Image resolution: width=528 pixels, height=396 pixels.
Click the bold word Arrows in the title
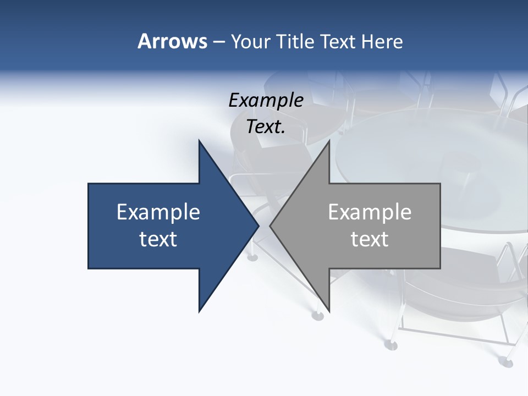click(x=172, y=41)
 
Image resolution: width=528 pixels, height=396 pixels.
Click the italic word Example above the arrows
click(x=266, y=101)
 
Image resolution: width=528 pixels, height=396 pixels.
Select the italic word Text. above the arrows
click(x=266, y=127)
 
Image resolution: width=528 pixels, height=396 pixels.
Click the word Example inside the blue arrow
click(x=158, y=212)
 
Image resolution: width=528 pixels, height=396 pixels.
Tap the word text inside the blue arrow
click(x=158, y=239)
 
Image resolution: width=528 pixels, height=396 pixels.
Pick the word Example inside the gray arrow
click(x=370, y=212)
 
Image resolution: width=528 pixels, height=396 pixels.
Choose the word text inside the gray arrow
click(x=370, y=239)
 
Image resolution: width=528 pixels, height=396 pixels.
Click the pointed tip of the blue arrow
click(x=258, y=226)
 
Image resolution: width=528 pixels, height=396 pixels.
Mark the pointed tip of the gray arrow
click(x=270, y=226)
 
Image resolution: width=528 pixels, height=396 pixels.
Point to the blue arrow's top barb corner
click(x=199, y=141)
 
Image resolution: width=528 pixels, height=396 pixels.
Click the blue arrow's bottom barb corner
click(x=199, y=312)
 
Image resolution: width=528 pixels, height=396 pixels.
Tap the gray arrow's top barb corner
click(x=329, y=141)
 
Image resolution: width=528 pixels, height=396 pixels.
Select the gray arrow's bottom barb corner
click(x=329, y=312)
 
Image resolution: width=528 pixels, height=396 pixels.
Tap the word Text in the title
click(x=338, y=41)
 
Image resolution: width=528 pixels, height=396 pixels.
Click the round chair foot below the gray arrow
click(x=318, y=315)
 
